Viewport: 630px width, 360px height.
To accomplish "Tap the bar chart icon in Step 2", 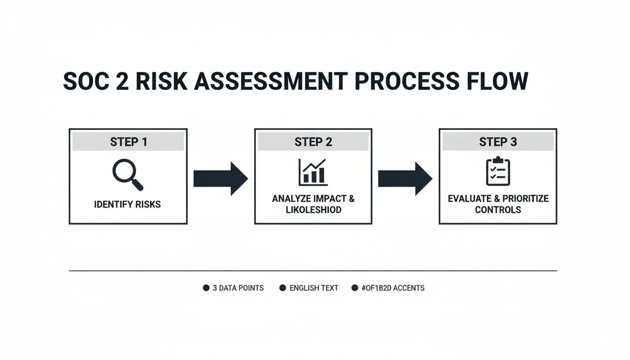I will pos(313,172).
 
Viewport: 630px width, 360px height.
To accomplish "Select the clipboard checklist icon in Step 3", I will pos(498,172).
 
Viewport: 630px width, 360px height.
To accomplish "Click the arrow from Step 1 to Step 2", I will pos(220,179).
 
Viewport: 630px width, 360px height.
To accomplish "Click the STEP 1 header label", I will pos(128,142).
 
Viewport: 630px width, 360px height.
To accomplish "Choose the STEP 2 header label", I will pos(313,142).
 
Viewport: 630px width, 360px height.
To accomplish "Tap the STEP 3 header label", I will pos(498,142).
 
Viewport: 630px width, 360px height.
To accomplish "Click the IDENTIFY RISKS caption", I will pos(127,204).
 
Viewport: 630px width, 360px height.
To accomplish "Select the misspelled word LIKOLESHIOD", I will pos(314,210).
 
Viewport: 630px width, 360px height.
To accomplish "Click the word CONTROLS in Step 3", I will pos(498,210).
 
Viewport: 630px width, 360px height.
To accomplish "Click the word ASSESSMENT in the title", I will pos(271,82).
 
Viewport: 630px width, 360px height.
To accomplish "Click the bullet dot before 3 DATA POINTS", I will pos(206,288).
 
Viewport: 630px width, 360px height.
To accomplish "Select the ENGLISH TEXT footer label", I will pos(314,288).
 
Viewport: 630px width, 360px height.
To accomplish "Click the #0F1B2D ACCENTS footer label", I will pos(393,288).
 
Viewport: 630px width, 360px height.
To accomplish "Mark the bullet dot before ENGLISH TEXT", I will pos(283,288).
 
